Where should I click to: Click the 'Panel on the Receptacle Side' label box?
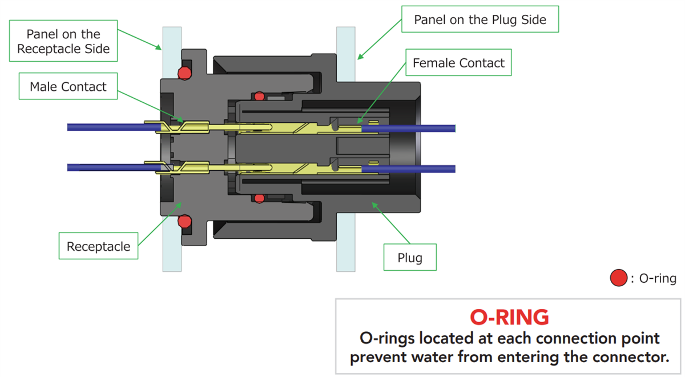pyautogui.click(x=63, y=42)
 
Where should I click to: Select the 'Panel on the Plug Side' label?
pyautogui.click(x=479, y=20)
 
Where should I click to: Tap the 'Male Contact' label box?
pyautogui.click(x=68, y=87)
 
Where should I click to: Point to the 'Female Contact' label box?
pyautogui.click(x=458, y=63)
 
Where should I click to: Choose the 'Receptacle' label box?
pyautogui.click(x=98, y=247)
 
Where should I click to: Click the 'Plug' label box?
pyautogui.click(x=410, y=258)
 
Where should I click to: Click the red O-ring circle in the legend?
pyautogui.click(x=619, y=279)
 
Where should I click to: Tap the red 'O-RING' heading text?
pyautogui.click(x=509, y=316)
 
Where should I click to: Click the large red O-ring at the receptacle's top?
pyautogui.click(x=184, y=73)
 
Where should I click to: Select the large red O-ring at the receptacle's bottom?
pyautogui.click(x=184, y=220)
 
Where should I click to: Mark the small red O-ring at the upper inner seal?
pyautogui.click(x=259, y=96)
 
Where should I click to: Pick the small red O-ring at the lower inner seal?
pyautogui.click(x=259, y=198)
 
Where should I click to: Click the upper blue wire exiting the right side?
pyautogui.click(x=422, y=127)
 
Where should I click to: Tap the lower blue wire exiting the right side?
pyautogui.click(x=422, y=169)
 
